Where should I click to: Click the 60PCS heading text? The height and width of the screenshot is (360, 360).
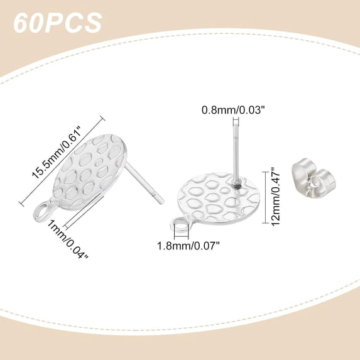click(x=57, y=23)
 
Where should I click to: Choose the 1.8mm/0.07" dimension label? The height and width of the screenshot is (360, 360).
click(x=188, y=246)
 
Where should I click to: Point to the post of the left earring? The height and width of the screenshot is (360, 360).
click(x=144, y=182)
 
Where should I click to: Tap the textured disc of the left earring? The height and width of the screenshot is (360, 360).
click(x=90, y=172)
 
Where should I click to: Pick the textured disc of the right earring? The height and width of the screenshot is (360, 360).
click(x=219, y=199)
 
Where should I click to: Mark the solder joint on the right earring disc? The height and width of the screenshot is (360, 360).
click(x=237, y=185)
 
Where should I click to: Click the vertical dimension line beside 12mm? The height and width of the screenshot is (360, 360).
click(x=266, y=197)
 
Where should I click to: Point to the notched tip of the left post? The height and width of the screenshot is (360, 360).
click(x=162, y=201)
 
